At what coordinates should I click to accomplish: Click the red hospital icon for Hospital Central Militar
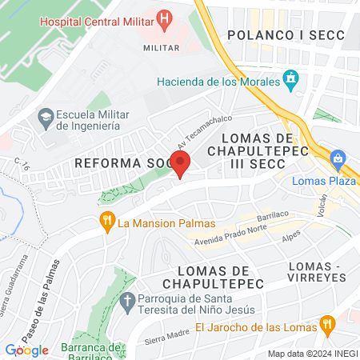click(164, 18)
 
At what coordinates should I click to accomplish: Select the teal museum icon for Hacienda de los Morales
click(291, 80)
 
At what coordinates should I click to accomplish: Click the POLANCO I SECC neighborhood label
click(285, 34)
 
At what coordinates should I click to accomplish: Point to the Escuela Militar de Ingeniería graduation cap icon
click(45, 118)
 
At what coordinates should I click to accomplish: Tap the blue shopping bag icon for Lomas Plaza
click(338, 159)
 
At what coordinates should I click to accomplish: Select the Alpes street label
click(294, 238)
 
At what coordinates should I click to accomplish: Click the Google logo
click(27, 350)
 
